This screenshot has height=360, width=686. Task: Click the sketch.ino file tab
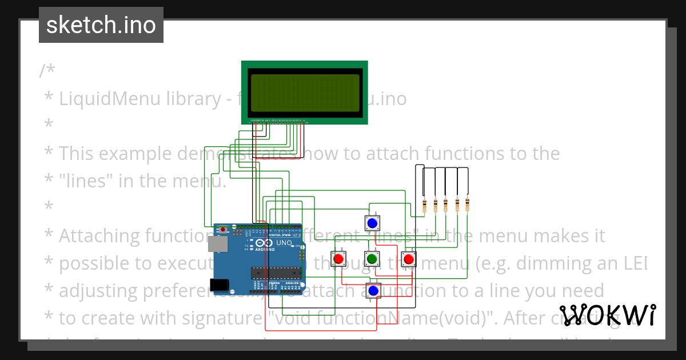click(x=101, y=25)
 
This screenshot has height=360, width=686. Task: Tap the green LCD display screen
click(x=304, y=93)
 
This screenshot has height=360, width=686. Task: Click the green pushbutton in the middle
click(x=372, y=259)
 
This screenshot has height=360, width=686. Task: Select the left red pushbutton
click(x=338, y=259)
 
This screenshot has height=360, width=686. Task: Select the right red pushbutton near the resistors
click(x=408, y=259)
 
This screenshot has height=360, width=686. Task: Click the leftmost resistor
click(x=424, y=205)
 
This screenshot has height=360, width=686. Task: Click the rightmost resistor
click(x=468, y=205)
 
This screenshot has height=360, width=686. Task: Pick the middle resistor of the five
click(x=446, y=205)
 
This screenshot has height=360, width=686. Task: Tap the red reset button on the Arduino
click(x=223, y=230)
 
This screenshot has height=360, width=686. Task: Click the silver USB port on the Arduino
click(x=217, y=245)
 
